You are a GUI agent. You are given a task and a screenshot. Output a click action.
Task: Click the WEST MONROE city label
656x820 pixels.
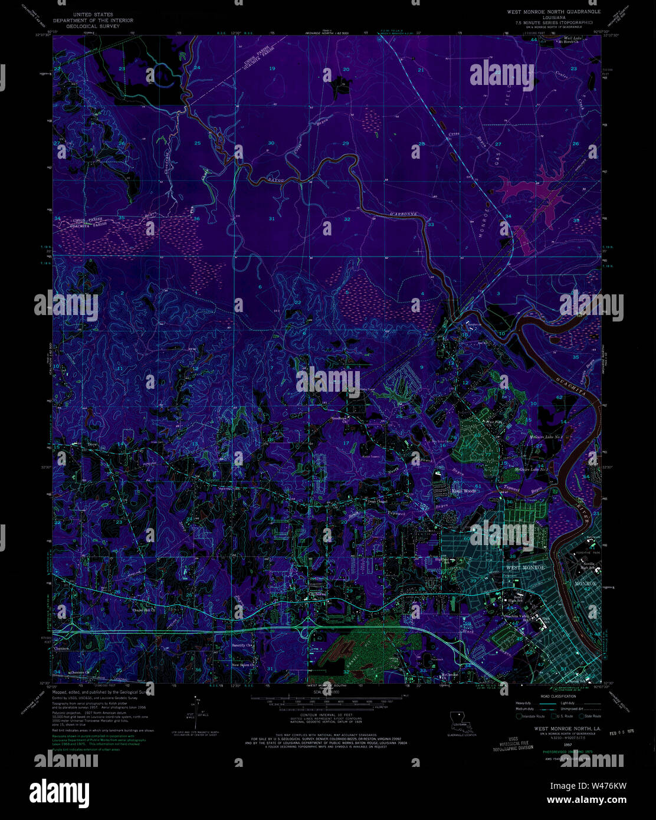click(526, 567)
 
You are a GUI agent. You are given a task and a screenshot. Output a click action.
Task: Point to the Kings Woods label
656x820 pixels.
click(464, 491)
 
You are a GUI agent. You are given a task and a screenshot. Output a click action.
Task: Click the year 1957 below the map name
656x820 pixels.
click(552, 745)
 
